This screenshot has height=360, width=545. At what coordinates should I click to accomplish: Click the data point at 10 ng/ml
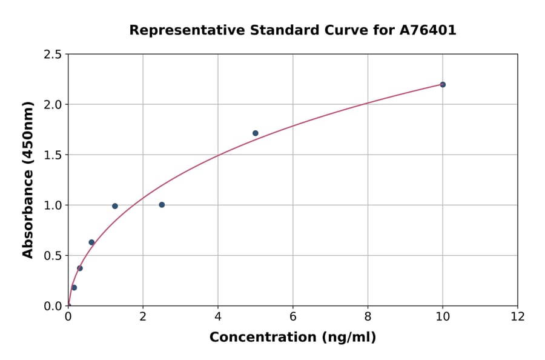pyautogui.click(x=443, y=84)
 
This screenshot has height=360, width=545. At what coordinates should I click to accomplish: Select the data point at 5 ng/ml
pyautogui.click(x=256, y=133)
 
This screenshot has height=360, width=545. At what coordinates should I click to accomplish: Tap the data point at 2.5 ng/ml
pyautogui.click(x=162, y=205)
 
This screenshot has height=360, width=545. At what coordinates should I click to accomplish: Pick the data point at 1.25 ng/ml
pyautogui.click(x=115, y=206)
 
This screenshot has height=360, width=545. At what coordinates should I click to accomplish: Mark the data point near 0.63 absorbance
pyautogui.click(x=91, y=242)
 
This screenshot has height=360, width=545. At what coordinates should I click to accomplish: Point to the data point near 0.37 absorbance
pyautogui.click(x=80, y=268)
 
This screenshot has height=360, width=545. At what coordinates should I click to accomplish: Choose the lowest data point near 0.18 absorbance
pyautogui.click(x=74, y=288)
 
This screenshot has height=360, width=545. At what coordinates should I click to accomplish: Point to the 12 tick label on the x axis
pyautogui.click(x=518, y=317)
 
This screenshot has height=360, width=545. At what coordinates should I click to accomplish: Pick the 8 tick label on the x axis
pyautogui.click(x=368, y=317)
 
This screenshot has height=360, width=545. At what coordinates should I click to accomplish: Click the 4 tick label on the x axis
pyautogui.click(x=218, y=317)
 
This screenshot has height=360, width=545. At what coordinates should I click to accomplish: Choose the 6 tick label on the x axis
pyautogui.click(x=293, y=317)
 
